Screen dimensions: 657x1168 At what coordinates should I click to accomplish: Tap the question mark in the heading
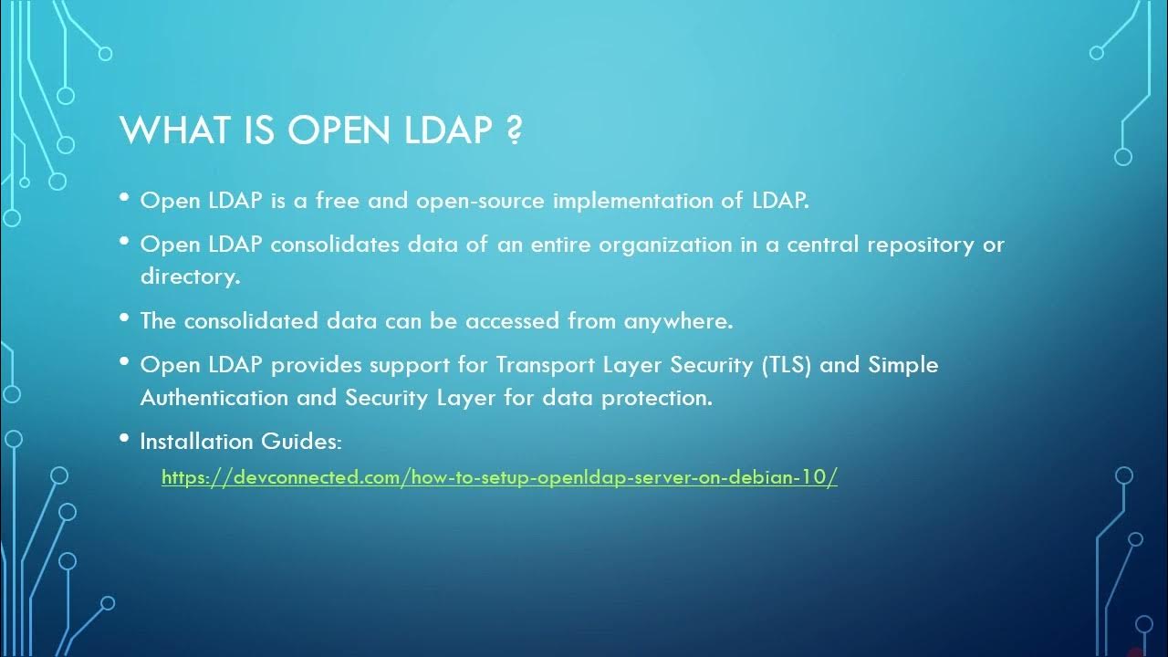pos(514,130)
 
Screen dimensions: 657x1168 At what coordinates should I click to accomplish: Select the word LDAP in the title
pos(448,130)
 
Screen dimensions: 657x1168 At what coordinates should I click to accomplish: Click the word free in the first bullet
pos(338,201)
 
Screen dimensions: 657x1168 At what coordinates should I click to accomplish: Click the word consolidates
pos(337,245)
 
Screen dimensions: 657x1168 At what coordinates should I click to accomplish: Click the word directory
pos(189,276)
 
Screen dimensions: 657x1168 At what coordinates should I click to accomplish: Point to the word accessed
pos(513,321)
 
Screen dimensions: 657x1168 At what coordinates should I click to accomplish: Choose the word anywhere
pos(678,321)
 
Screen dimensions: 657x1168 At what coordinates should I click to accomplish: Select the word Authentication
pos(214,398)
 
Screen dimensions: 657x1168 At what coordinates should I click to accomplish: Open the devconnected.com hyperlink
pos(499,476)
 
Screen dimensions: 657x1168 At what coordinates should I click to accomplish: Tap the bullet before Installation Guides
pos(124,438)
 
